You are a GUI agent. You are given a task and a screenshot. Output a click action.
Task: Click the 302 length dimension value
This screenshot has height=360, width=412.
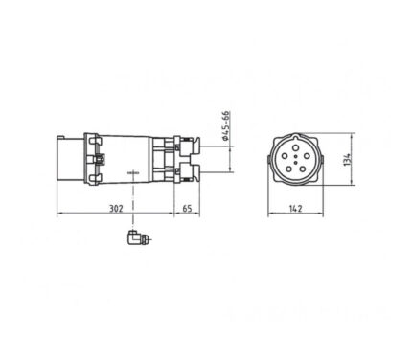[116, 209]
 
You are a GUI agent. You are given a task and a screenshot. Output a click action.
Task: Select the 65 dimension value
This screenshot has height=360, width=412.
[187, 209]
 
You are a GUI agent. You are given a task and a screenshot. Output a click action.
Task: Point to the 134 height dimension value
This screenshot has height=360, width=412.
[347, 159]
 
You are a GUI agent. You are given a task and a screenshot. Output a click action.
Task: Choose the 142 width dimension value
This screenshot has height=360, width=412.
[296, 209]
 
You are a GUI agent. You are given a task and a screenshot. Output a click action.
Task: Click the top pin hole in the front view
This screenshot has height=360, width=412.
[296, 147]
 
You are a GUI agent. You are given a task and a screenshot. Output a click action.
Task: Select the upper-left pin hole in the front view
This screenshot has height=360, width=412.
[285, 156]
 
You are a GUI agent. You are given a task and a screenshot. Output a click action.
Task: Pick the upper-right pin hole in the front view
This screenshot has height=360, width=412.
[307, 156]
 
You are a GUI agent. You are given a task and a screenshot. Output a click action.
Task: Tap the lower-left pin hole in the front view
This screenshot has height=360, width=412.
[288, 169]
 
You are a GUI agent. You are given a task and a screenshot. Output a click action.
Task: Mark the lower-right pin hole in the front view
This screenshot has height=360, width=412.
[303, 169]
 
